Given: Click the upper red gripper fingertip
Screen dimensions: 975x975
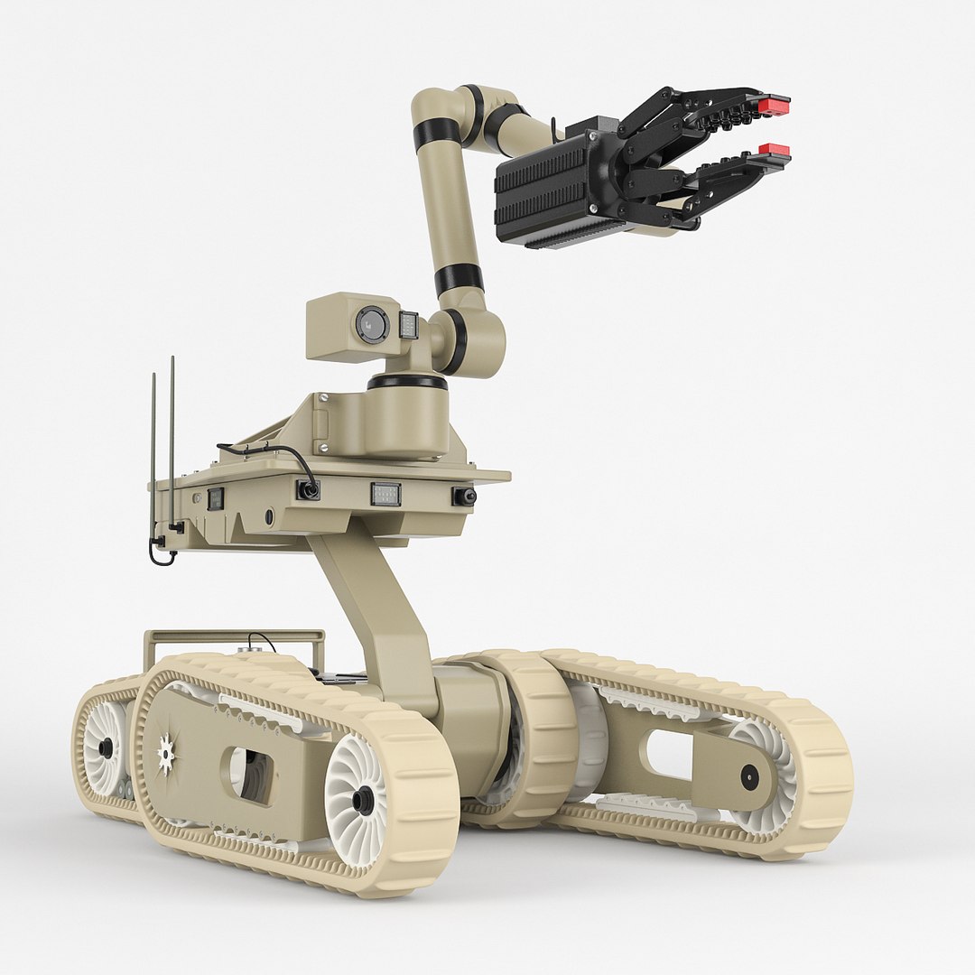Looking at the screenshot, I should [x=774, y=106].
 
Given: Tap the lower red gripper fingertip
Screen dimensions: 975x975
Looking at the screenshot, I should [x=774, y=149].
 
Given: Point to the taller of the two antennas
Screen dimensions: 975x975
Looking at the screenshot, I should [x=172, y=442].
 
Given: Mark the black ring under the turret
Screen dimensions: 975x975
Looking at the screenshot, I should [x=407, y=382].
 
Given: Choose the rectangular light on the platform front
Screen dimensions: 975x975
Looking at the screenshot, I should [x=385, y=494].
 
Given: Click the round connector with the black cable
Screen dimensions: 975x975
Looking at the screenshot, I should [x=309, y=490].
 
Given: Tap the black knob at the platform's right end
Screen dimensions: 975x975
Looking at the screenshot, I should [x=464, y=497].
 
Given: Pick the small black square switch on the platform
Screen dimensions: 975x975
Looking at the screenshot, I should [x=215, y=498].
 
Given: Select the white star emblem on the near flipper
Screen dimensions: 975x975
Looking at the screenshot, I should [x=166, y=752].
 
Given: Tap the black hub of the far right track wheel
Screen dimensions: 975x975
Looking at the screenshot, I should [x=749, y=776].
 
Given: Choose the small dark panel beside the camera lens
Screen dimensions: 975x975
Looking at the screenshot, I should [x=408, y=325].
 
